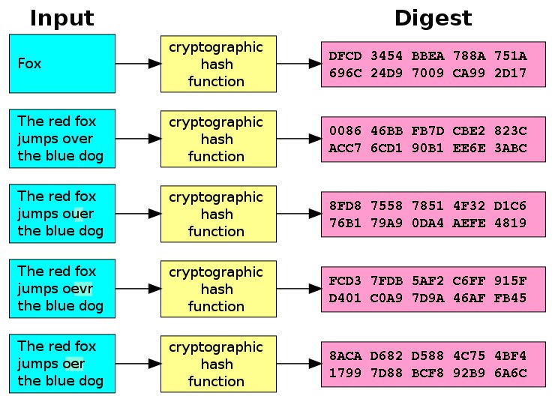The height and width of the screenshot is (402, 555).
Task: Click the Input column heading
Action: (61, 18)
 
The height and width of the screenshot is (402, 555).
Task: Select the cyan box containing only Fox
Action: (61, 64)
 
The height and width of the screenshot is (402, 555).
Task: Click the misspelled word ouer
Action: (78, 214)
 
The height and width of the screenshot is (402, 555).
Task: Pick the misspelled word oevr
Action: (78, 289)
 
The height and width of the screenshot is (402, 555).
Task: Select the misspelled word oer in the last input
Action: (73, 364)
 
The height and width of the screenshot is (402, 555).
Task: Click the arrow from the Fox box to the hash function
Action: (138, 64)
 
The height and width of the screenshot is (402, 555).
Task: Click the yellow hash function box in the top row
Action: (217, 64)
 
